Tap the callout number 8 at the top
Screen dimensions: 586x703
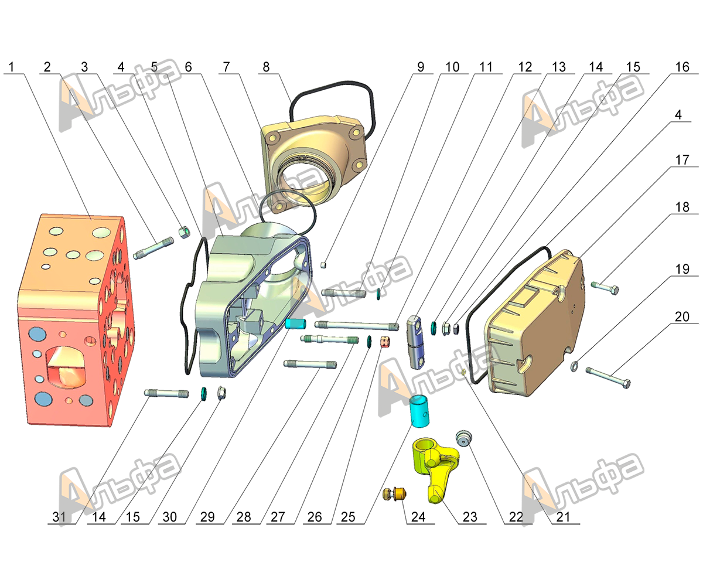point(267,67)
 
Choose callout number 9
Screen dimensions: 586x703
point(419,67)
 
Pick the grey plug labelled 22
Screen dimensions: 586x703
point(465,437)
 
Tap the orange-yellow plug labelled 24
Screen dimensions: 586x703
point(395,494)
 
